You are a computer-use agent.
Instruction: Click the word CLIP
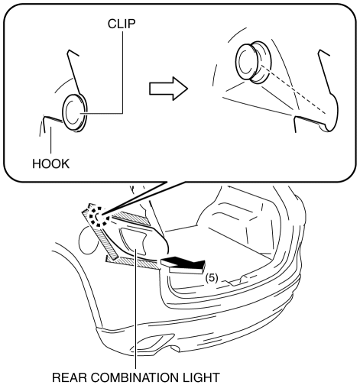pos(122,24)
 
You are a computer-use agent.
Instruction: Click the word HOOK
pos(50,163)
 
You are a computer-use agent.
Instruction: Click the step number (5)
pos(212,278)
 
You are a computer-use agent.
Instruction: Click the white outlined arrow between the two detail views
pos(168,89)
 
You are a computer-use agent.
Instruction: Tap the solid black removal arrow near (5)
pos(183,265)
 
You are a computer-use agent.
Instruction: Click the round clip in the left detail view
pos(75,113)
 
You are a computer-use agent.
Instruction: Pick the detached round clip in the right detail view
pos(253,62)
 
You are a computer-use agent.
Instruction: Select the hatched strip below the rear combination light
pos(133,262)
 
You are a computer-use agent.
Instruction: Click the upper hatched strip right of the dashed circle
pos(130,218)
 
